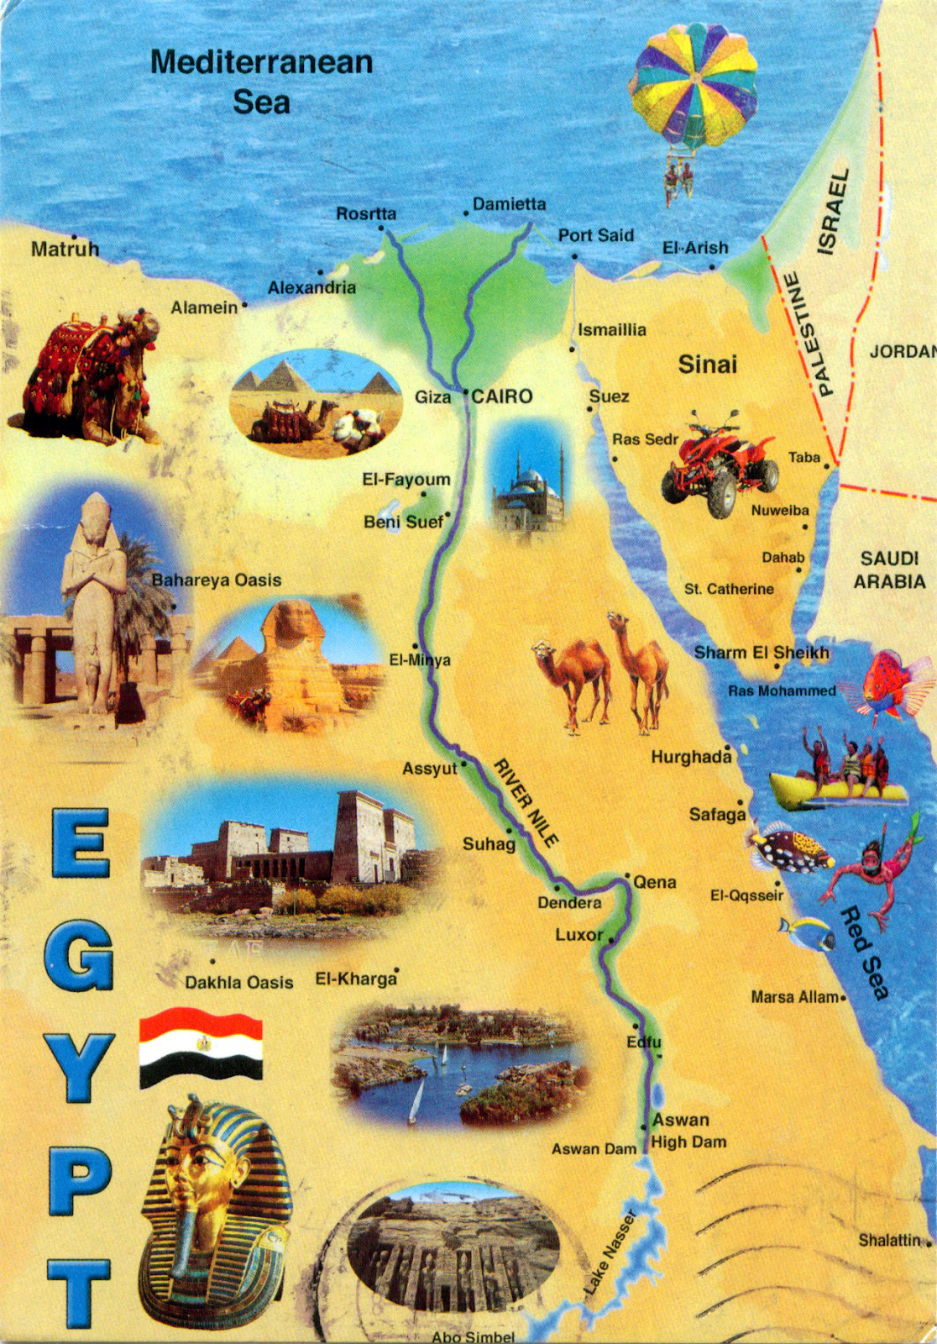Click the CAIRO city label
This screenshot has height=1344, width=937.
pyautogui.click(x=502, y=396)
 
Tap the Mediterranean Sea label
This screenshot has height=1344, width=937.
pyautogui.click(x=261, y=81)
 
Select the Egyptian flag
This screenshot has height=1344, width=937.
pyautogui.click(x=202, y=1047)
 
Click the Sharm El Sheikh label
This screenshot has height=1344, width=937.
pyautogui.click(x=761, y=653)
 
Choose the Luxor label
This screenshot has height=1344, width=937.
pyautogui.click(x=578, y=935)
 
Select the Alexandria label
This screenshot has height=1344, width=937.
pyautogui.click(x=311, y=287)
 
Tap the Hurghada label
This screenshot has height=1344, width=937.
pyautogui.click(x=691, y=757)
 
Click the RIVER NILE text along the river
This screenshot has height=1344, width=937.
pyautogui.click(x=526, y=802)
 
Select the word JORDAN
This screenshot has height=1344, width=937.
pyautogui.click(x=902, y=351)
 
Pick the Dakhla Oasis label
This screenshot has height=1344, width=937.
pyautogui.click(x=239, y=982)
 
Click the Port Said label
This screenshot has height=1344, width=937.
pyautogui.click(x=596, y=235)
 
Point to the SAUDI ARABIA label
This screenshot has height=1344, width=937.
pyautogui.click(x=889, y=570)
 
